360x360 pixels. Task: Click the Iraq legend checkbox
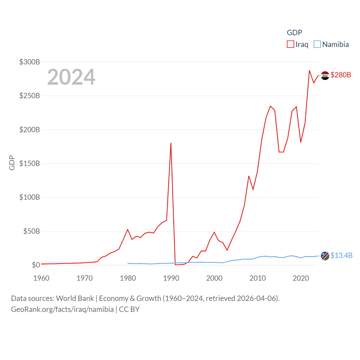pyautogui.click(x=291, y=44)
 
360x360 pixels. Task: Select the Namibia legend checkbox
pyautogui.click(x=317, y=44)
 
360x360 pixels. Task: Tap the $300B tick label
pyautogui.click(x=30, y=62)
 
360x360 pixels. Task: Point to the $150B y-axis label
pyautogui.click(x=30, y=163)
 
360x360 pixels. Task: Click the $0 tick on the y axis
pyautogui.click(x=36, y=265)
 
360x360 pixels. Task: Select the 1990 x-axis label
pyautogui.click(x=171, y=278)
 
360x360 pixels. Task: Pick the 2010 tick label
pyautogui.click(x=258, y=278)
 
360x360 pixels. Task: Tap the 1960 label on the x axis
pyautogui.click(x=41, y=278)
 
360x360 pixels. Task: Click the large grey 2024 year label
pyautogui.click(x=71, y=77)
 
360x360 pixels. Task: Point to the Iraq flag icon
pyautogui.click(x=325, y=75)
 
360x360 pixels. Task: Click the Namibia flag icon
pyautogui.click(x=325, y=256)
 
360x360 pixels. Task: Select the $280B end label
pyautogui.click(x=341, y=75)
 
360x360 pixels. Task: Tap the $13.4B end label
pyautogui.click(x=341, y=255)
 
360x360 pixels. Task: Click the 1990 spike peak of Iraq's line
pyautogui.click(x=171, y=143)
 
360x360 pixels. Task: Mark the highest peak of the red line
pyautogui.click(x=309, y=71)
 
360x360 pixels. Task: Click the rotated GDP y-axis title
pyautogui.click(x=12, y=163)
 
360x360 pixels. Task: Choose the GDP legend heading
pyautogui.click(x=294, y=33)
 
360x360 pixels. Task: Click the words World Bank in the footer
pyautogui.click(x=75, y=298)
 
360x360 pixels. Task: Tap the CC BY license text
pyautogui.click(x=129, y=309)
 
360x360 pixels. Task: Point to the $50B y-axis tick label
pyautogui.click(x=31, y=231)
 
